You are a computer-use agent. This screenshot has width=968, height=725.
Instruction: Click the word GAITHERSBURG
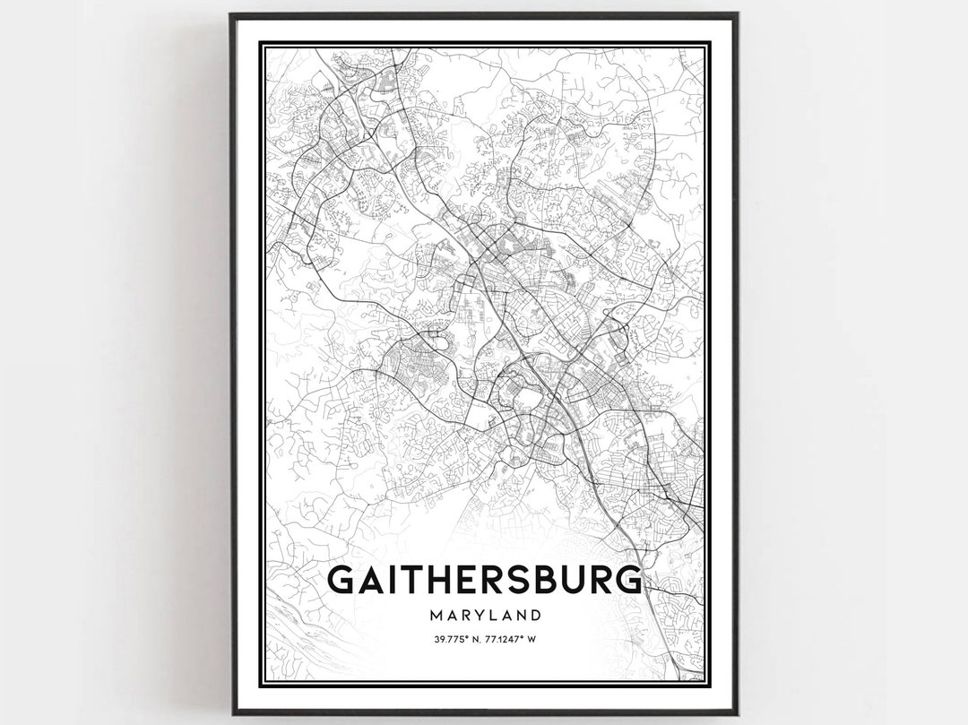(484, 580)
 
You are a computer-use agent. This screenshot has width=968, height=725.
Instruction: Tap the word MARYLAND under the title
(484, 616)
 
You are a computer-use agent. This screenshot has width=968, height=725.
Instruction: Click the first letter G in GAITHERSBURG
(341, 580)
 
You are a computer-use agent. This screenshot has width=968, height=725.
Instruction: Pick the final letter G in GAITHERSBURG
(628, 580)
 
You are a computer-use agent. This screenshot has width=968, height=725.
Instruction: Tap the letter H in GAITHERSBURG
(436, 580)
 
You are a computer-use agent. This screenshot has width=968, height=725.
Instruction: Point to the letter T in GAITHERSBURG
(410, 580)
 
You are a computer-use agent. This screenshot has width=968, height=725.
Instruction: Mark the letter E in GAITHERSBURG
(464, 580)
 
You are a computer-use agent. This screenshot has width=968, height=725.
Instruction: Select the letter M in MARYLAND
(435, 616)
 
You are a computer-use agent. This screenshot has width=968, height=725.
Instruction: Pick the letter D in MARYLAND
(535, 616)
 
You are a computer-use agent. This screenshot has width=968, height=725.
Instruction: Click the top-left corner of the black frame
(232, 15)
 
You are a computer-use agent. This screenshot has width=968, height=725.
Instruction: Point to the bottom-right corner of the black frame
(737, 713)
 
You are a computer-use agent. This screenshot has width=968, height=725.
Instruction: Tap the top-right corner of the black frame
(737, 15)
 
